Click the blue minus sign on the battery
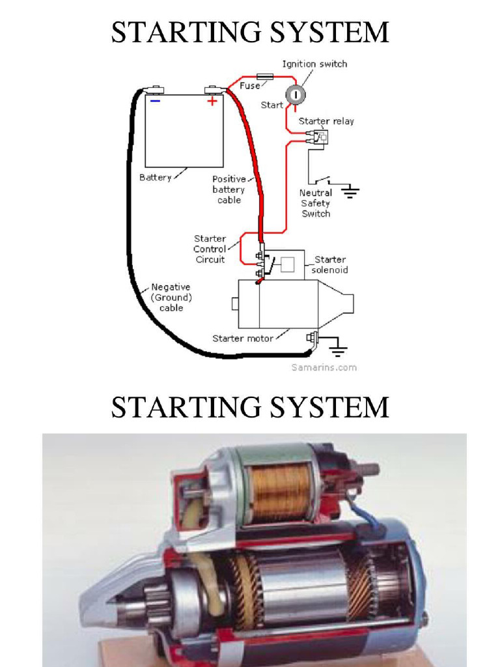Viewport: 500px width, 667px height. pos(155,102)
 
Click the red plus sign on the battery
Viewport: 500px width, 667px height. pos(212,102)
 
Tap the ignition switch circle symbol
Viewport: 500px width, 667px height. pos(295,95)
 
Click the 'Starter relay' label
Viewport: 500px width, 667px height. pos(326,121)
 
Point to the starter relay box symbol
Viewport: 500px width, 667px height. pos(320,136)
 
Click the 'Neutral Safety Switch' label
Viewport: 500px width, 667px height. pos(316,203)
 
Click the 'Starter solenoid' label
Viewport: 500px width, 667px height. pos(330,264)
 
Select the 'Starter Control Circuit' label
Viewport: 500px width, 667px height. pos(210,249)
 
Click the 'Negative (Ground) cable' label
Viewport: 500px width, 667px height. pos(171,297)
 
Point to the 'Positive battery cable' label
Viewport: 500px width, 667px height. pos(229,190)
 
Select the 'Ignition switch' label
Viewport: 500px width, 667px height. pos(314,64)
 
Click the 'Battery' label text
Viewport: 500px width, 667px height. pos(156,177)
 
